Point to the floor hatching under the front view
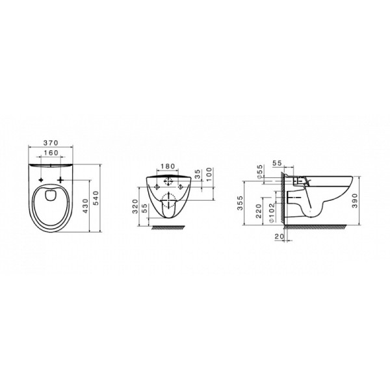click(x=170, y=228)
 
